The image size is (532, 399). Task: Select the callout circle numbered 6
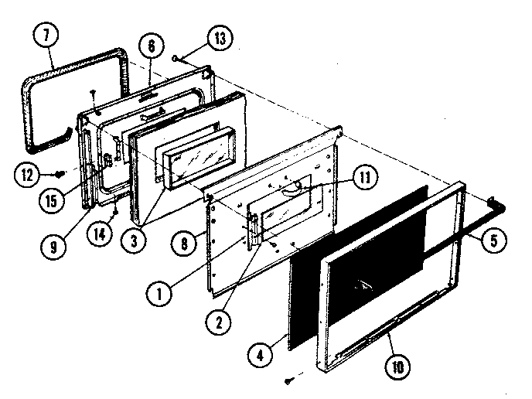[151, 46]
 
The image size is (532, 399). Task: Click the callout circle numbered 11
[363, 176]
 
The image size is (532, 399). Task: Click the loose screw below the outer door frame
[288, 380]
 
